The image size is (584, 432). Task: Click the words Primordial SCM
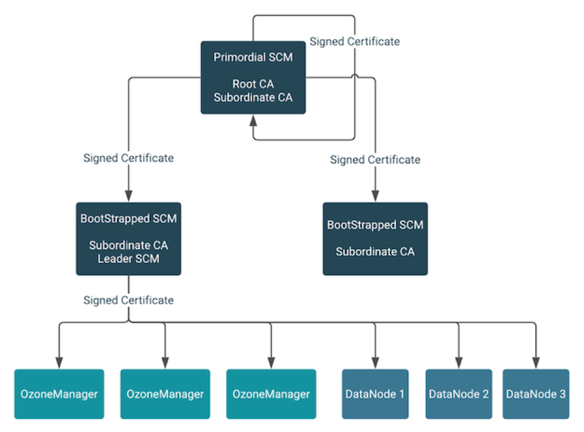[x=253, y=58]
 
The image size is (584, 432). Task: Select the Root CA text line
[x=253, y=84]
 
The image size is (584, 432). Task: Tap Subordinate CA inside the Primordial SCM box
[x=253, y=97]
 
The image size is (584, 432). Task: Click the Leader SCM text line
[x=128, y=258]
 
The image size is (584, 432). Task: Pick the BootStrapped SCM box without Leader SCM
[x=375, y=238]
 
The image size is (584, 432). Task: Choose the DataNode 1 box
[x=375, y=394]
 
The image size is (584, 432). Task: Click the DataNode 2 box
[x=458, y=394]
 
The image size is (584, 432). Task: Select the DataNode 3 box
[x=535, y=394]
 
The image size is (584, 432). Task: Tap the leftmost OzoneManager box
[x=60, y=394]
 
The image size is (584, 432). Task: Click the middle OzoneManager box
[x=165, y=394]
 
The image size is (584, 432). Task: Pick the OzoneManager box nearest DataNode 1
[x=271, y=394]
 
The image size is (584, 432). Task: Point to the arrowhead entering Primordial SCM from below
[x=253, y=120]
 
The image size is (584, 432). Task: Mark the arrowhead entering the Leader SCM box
[x=128, y=196]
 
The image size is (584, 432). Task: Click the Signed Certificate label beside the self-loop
[x=354, y=42]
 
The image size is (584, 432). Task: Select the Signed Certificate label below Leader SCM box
[x=128, y=300]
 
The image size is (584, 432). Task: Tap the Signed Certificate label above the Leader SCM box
[x=128, y=158]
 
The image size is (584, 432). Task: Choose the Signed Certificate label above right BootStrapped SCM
[x=375, y=160]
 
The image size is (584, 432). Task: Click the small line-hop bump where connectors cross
[x=355, y=77]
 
